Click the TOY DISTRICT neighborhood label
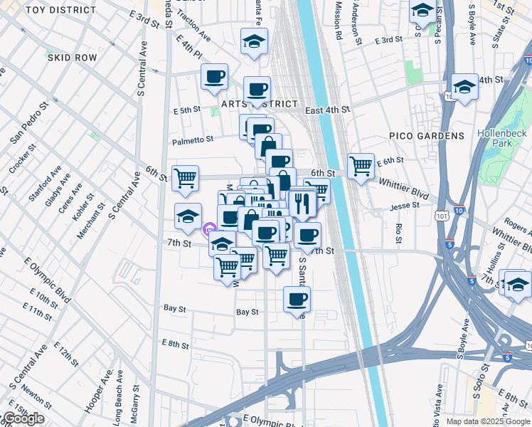[61, 10]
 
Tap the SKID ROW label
[71, 57]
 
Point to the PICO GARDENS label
[427, 135]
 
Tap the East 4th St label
[327, 110]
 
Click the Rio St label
[398, 231]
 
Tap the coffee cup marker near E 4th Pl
[213, 76]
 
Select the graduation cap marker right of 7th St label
[223, 243]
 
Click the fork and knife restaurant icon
[302, 204]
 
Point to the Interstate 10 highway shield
[459, 211]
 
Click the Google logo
[23, 418]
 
